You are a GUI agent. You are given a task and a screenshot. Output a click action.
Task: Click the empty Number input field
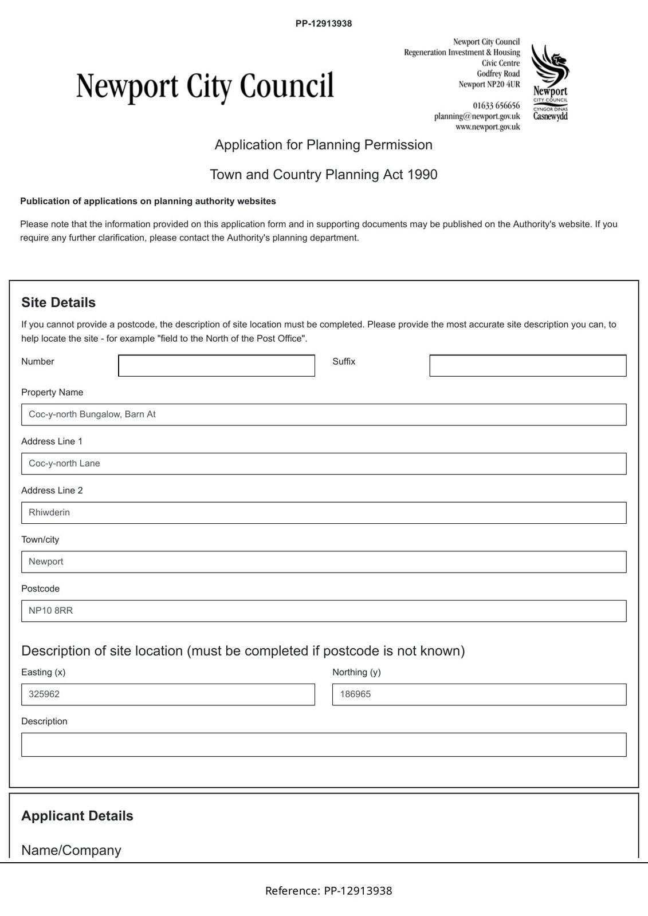pyautogui.click(x=216, y=366)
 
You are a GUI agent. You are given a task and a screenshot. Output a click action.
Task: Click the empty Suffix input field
pyautogui.click(x=527, y=366)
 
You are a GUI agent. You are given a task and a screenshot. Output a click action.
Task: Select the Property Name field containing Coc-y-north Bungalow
pyautogui.click(x=323, y=414)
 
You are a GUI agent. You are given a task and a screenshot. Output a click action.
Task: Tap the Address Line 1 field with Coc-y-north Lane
pyautogui.click(x=323, y=464)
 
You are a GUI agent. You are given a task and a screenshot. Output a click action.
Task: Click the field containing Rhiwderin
pyautogui.click(x=323, y=513)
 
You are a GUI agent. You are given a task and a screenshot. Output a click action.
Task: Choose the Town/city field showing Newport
pyautogui.click(x=323, y=562)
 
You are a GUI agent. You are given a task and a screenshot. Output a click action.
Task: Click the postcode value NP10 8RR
pyautogui.click(x=51, y=611)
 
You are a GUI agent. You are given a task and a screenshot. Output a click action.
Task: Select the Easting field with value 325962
pyautogui.click(x=167, y=694)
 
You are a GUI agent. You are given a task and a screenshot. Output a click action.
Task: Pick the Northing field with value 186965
pyautogui.click(x=478, y=694)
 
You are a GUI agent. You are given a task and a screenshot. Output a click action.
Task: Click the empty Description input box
pyautogui.click(x=323, y=745)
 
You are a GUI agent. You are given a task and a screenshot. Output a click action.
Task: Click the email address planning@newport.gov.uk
pyautogui.click(x=477, y=116)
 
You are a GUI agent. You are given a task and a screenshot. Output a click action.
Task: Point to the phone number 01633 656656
pyautogui.click(x=496, y=105)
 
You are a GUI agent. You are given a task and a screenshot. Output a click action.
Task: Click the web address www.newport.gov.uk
pyautogui.click(x=488, y=127)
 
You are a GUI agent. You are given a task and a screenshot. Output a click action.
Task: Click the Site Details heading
pyautogui.click(x=58, y=302)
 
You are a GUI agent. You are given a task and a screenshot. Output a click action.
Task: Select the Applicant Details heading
pyautogui.click(x=77, y=816)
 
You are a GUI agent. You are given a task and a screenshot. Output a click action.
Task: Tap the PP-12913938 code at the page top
pyautogui.click(x=324, y=23)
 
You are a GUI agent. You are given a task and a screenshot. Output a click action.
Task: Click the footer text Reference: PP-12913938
pyautogui.click(x=328, y=891)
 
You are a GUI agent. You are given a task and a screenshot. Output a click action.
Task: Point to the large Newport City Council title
pyautogui.click(x=205, y=86)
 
